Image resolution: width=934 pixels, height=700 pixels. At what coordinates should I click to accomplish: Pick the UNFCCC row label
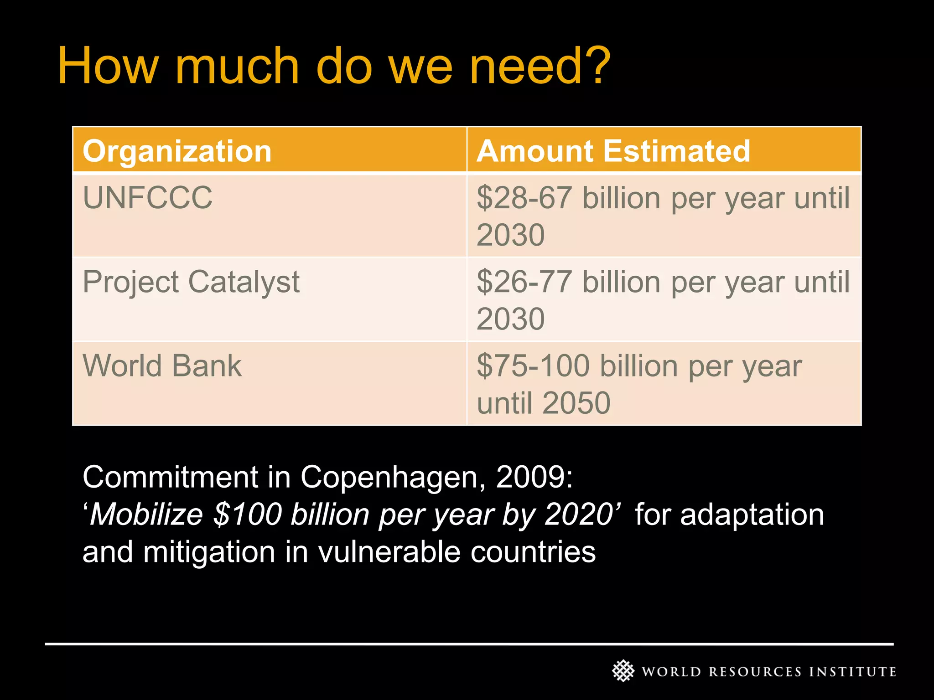[148, 198]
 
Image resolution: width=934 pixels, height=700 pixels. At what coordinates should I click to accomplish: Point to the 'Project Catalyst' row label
[191, 282]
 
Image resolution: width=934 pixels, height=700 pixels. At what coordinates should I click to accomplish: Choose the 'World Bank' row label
[162, 365]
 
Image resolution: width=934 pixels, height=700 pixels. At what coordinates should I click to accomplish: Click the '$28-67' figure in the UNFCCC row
[524, 198]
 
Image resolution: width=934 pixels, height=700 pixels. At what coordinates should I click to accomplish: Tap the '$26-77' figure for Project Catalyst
[524, 282]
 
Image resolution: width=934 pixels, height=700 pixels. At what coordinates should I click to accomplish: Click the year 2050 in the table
[576, 403]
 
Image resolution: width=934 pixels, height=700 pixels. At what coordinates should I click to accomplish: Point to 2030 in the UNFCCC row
[511, 235]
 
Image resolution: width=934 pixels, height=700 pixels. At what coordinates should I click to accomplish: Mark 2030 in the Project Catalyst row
[511, 319]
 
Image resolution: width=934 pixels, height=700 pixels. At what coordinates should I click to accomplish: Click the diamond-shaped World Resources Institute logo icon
[623, 671]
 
